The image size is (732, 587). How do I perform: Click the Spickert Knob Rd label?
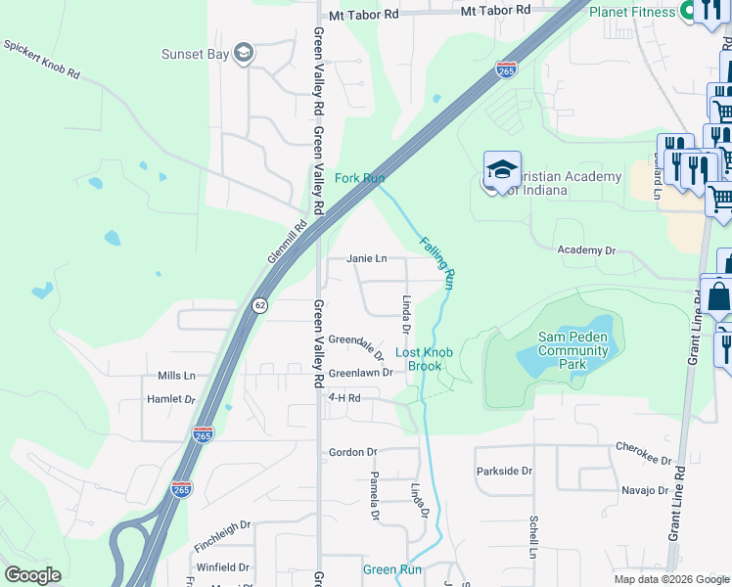click(x=40, y=61)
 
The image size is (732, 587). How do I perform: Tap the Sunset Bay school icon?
click(x=244, y=54)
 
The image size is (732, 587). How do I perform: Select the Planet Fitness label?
click(x=633, y=12)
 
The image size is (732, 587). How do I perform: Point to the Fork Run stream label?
click(x=359, y=178)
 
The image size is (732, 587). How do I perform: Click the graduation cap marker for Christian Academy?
click(x=502, y=170)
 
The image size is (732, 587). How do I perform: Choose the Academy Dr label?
click(x=586, y=250)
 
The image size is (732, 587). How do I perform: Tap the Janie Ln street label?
click(x=367, y=258)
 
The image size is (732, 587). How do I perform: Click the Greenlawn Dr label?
click(x=360, y=373)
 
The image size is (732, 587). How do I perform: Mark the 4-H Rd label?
click(x=344, y=398)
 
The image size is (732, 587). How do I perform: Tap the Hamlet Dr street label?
click(x=170, y=399)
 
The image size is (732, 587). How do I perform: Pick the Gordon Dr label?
click(x=352, y=452)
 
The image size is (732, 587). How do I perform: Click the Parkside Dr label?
click(x=504, y=471)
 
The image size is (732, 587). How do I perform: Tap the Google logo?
click(x=32, y=575)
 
